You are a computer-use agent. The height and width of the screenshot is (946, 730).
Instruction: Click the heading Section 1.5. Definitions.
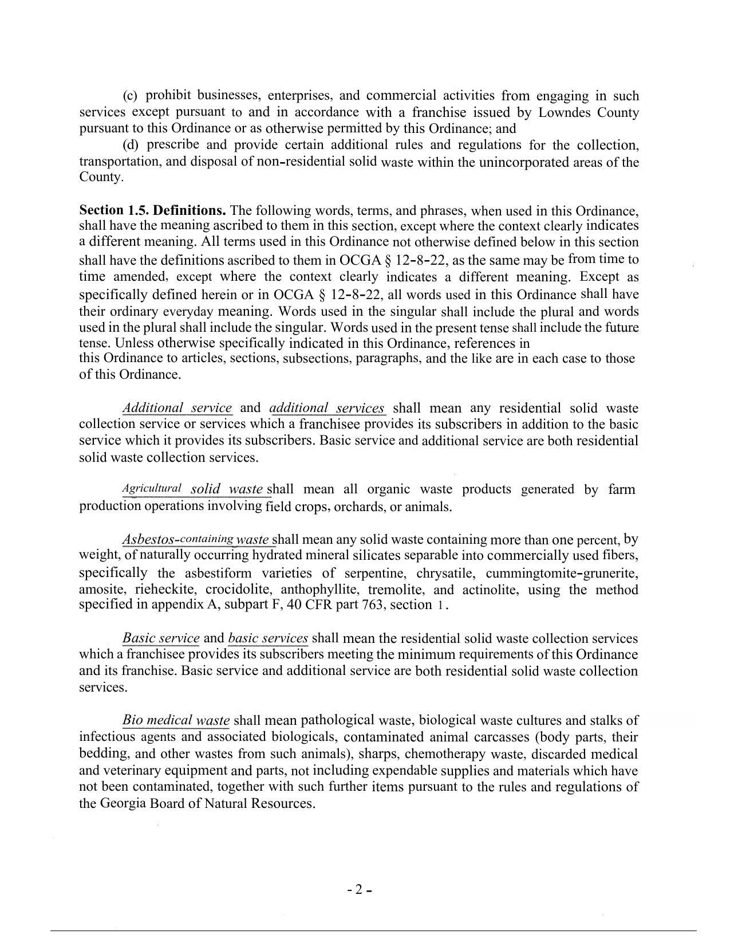[x=153, y=210]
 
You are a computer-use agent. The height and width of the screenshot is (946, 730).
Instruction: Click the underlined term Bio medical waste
[x=176, y=720]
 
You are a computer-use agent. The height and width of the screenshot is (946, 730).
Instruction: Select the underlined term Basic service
[x=161, y=638]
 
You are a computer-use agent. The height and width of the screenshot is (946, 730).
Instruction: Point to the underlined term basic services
[x=268, y=638]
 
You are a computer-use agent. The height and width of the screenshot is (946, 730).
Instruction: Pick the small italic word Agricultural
[x=152, y=489]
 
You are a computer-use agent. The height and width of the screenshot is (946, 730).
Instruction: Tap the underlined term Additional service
[x=177, y=408]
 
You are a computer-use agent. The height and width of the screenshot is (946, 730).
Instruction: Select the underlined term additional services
[x=327, y=408]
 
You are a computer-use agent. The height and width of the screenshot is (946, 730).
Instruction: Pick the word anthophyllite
[x=319, y=590]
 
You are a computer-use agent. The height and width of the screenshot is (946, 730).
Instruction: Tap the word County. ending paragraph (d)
[x=101, y=177]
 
